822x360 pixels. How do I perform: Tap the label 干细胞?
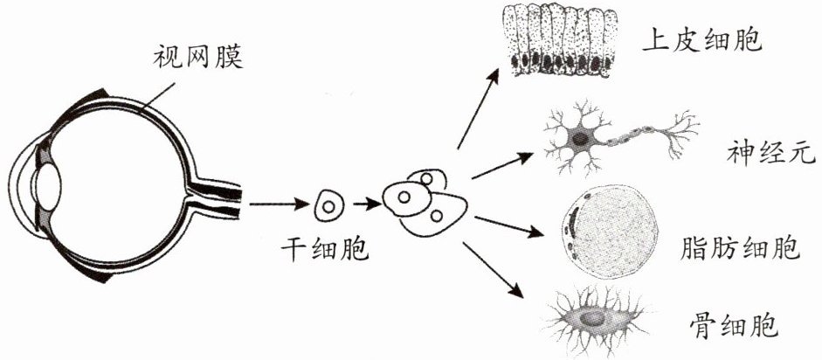point(324,251)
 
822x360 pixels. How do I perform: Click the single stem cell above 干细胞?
point(328,207)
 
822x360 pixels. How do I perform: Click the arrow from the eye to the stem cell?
point(277,207)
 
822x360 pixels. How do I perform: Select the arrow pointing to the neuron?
point(501,167)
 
